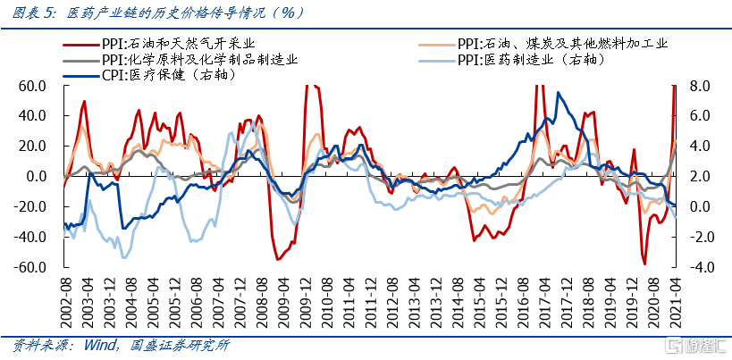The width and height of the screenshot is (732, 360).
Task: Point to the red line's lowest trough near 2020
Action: pos(644,264)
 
